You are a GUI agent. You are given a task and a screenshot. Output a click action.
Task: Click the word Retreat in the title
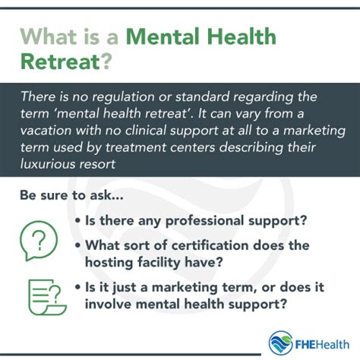click(x=60, y=62)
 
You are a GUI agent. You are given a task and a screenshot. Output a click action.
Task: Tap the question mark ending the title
click(x=106, y=62)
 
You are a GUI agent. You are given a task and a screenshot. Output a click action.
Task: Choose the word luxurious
click(x=48, y=164)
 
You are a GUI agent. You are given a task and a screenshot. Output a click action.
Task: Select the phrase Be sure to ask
click(x=71, y=195)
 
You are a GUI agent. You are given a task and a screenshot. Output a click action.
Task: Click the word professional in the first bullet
click(x=204, y=221)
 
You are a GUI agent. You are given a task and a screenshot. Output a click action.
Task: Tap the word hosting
click(x=109, y=263)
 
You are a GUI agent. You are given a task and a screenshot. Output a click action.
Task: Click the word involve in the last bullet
click(x=108, y=304)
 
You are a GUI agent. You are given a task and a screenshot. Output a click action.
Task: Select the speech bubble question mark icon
click(x=39, y=241)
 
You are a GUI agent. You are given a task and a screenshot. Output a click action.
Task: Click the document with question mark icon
click(x=47, y=297)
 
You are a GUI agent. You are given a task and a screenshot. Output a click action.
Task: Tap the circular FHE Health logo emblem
click(x=281, y=343)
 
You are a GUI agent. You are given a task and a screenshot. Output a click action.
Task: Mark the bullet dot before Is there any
click(x=78, y=220)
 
